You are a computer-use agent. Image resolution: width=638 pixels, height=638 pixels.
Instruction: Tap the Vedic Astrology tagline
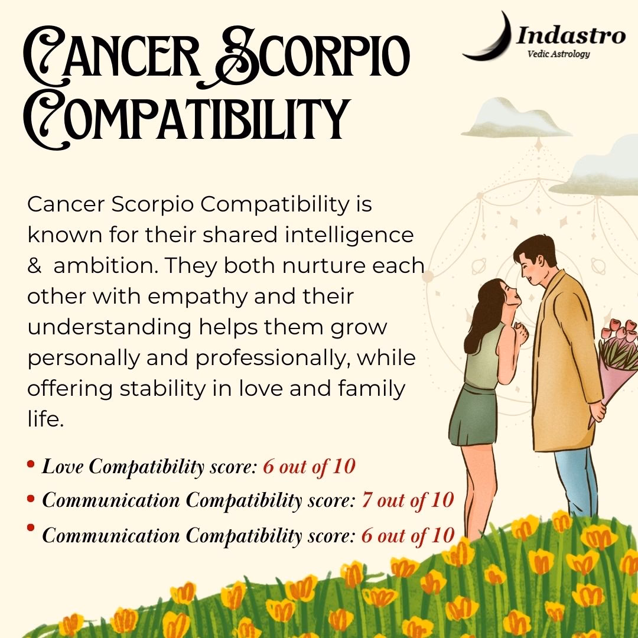coord(550,54)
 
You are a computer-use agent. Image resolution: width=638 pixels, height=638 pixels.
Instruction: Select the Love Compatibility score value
coord(309,467)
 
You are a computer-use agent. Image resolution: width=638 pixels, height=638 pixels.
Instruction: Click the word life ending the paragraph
coord(44,420)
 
